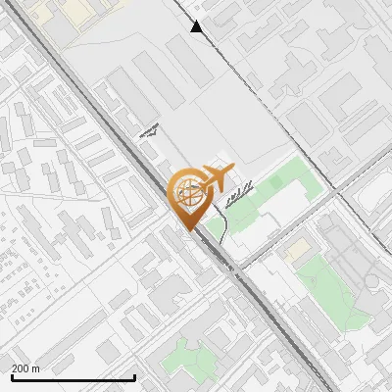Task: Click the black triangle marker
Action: coord(197,26)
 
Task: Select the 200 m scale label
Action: coord(25,368)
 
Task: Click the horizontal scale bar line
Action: coord(73,377)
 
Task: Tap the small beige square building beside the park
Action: coord(295,250)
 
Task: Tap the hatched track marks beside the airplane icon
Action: coord(238,194)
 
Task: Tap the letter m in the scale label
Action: coord(36,368)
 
